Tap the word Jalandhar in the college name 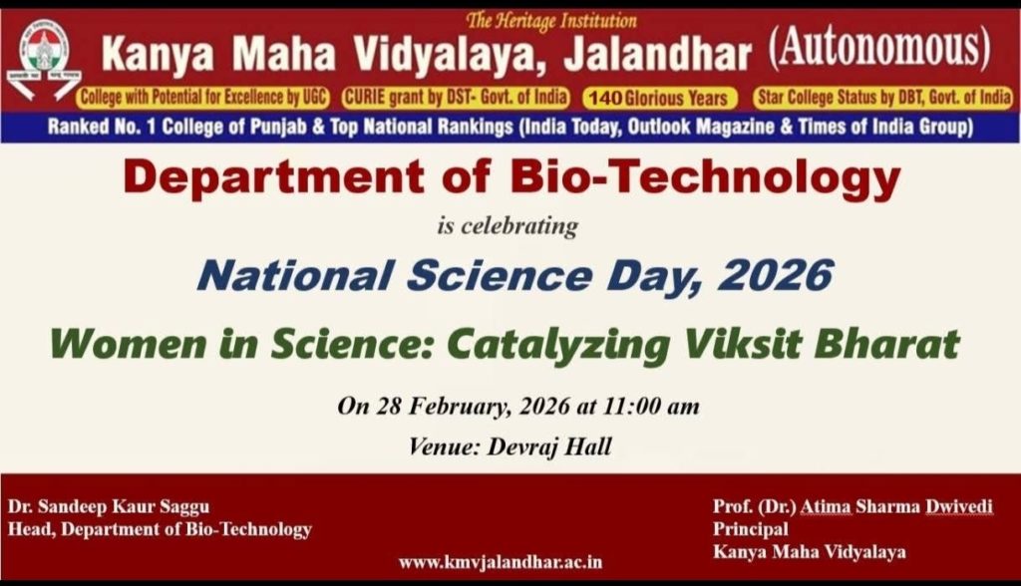click(x=658, y=55)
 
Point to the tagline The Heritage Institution click(x=550, y=21)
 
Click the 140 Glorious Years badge click(x=659, y=99)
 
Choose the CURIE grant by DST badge click(x=456, y=98)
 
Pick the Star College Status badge click(x=883, y=98)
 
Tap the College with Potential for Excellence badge click(x=203, y=98)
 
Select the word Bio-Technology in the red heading click(x=705, y=178)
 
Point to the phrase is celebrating click(x=508, y=226)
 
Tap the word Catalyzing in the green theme click(x=558, y=345)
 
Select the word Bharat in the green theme click(x=886, y=343)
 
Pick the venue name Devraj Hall click(x=549, y=446)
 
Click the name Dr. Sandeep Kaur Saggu click(x=109, y=506)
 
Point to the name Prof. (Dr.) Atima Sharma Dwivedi click(x=853, y=506)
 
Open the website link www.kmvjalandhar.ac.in click(x=501, y=562)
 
